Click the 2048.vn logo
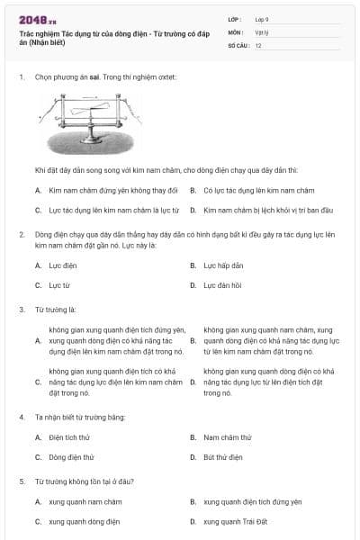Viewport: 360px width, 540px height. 37,19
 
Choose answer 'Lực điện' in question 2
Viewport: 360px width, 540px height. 63,265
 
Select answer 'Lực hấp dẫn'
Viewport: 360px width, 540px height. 223,265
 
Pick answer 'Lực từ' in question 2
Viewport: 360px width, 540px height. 59,284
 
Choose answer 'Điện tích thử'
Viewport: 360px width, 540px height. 69,437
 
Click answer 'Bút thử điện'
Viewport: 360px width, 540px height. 222,456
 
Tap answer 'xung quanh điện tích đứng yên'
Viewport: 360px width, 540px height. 252,501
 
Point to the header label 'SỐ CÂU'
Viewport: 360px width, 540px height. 238,44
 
